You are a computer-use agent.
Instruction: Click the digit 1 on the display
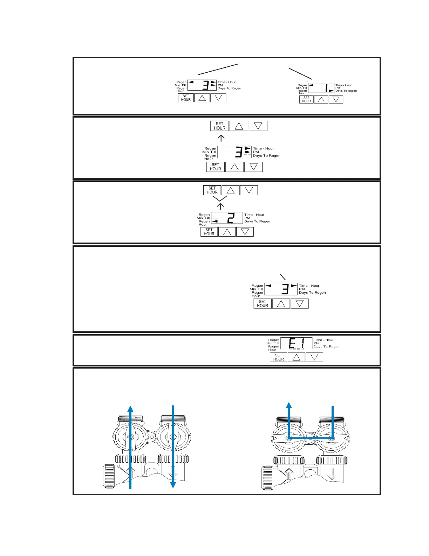point(326,88)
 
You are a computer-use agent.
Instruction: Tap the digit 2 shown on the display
point(230,218)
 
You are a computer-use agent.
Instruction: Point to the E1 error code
point(296,343)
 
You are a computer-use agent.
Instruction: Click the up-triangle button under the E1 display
point(296,357)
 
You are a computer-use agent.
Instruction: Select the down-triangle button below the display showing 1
point(336,100)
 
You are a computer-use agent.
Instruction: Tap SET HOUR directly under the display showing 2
point(209,232)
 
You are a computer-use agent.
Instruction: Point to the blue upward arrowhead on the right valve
point(289,405)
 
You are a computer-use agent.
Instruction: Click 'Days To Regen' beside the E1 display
point(326,347)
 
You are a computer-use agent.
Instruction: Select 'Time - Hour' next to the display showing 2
point(254,215)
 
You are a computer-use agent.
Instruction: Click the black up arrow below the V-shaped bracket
point(220,206)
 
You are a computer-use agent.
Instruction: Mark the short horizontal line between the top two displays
point(268,95)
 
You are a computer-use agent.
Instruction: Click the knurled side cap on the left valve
point(109,476)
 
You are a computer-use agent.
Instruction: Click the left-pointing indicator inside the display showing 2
point(214,221)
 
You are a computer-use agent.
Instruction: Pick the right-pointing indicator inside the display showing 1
point(331,91)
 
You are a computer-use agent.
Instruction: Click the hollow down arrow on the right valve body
point(332,474)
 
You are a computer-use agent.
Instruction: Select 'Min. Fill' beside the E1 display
point(273,343)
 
